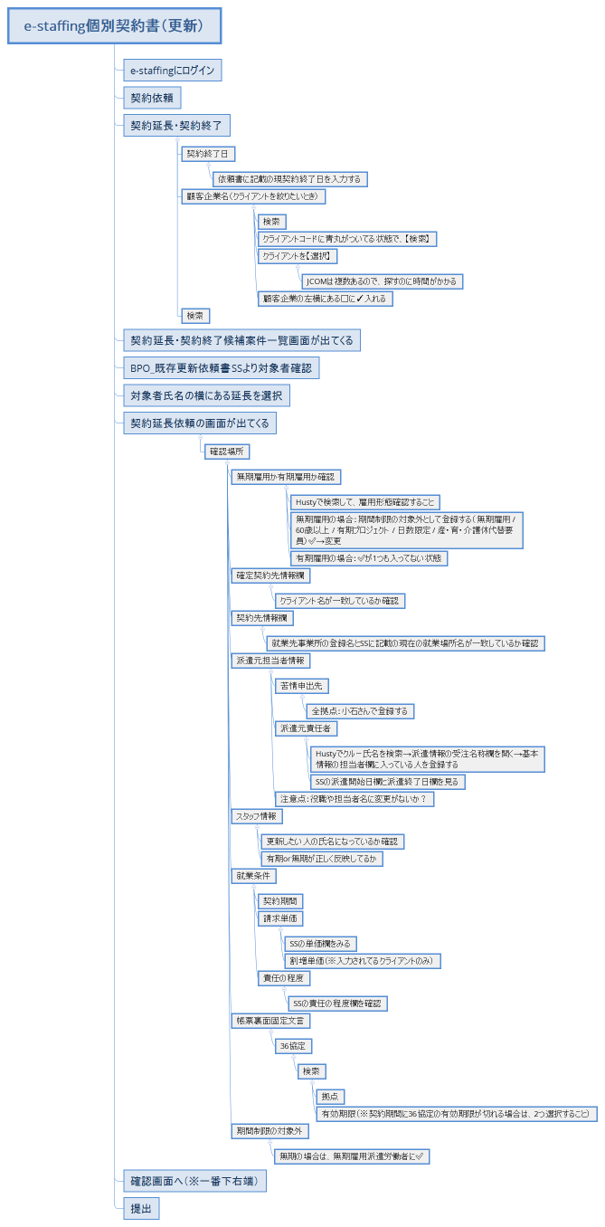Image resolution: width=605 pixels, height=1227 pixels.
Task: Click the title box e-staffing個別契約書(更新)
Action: click(113, 27)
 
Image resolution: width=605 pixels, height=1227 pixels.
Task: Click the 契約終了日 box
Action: click(208, 154)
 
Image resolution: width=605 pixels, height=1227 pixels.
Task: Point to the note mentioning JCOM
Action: click(383, 281)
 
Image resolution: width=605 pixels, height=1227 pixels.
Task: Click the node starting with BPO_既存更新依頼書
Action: click(221, 368)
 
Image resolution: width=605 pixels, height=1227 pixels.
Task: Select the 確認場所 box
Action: click(227, 451)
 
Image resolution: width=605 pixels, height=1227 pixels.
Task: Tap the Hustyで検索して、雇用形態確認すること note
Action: click(364, 501)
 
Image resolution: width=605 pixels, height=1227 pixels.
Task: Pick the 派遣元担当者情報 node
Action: click(271, 661)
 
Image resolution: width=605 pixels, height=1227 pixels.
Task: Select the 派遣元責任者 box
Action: click(307, 728)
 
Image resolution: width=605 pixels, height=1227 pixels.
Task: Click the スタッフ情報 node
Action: click(257, 816)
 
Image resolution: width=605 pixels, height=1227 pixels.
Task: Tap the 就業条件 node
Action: click(253, 876)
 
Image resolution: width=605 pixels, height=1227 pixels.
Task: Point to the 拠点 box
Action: click(329, 1097)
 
